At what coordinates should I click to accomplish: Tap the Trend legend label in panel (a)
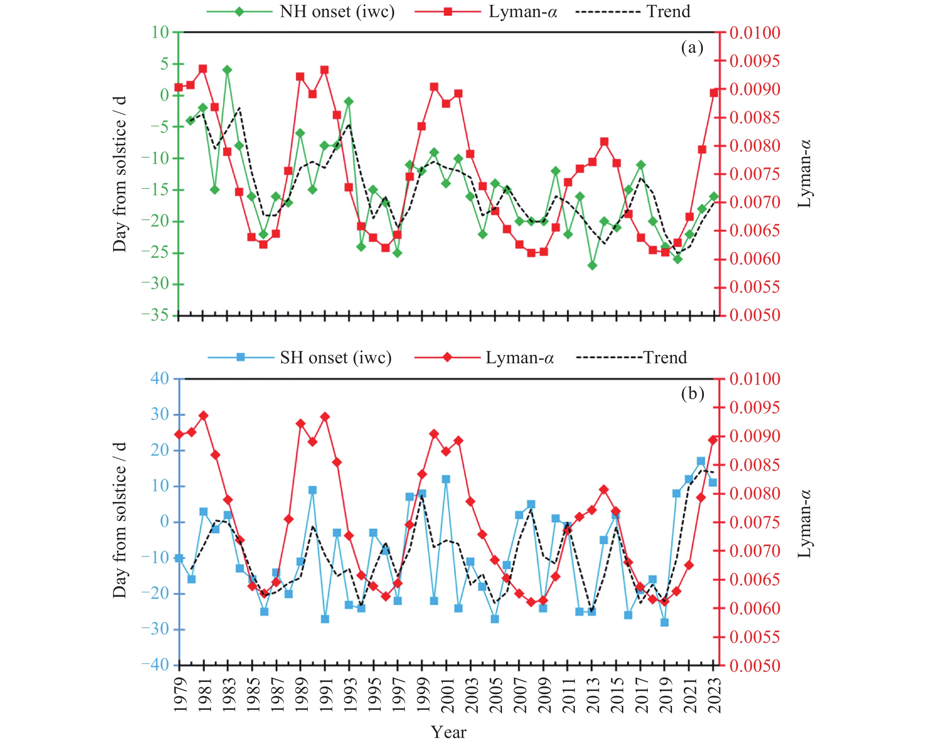pos(668,12)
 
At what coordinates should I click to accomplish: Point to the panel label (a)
pos(692,48)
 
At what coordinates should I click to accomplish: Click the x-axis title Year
pos(449,732)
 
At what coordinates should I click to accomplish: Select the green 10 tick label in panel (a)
pos(160,32)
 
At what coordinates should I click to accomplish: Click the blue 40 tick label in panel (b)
pos(160,379)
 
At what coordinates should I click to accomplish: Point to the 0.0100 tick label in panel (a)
pos(755,33)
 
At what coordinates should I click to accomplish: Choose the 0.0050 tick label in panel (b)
pos(755,666)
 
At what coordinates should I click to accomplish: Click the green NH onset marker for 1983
pos(227,70)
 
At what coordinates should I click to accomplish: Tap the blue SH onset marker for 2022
pos(701,461)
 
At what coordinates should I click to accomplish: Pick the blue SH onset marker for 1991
pos(325,619)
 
